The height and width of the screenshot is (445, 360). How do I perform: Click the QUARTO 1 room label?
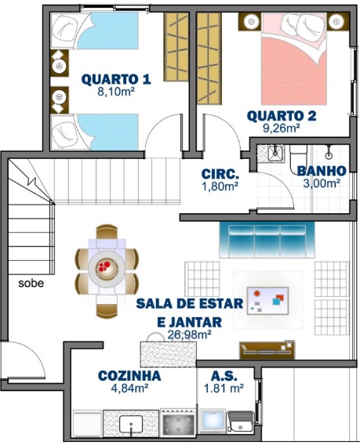[x=116, y=79]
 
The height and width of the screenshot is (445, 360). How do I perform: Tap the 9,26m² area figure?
[x=282, y=128]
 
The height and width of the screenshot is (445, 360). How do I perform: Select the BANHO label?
[x=322, y=171]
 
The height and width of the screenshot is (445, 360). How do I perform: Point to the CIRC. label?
[x=220, y=174]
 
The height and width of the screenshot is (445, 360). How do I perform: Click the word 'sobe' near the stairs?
[x=31, y=284]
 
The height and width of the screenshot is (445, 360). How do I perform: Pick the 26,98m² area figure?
[x=189, y=335]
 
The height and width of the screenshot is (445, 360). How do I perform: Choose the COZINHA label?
[x=129, y=376]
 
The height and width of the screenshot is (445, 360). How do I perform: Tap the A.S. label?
[x=224, y=376]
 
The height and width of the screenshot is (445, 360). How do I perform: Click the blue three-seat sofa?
[x=267, y=240]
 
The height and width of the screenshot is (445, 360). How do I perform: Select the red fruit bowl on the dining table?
[x=104, y=266]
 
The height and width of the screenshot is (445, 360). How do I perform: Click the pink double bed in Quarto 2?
[x=294, y=59]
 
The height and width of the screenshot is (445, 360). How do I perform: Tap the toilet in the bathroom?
[x=298, y=157]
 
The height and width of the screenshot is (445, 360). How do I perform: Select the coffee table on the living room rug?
[x=268, y=301]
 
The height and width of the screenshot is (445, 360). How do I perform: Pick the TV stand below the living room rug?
[x=267, y=350]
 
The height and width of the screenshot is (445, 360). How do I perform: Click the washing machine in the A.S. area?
[x=213, y=421]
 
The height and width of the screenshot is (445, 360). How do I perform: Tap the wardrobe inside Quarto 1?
[x=176, y=47]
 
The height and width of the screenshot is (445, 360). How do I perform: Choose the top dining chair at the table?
[x=107, y=232]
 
